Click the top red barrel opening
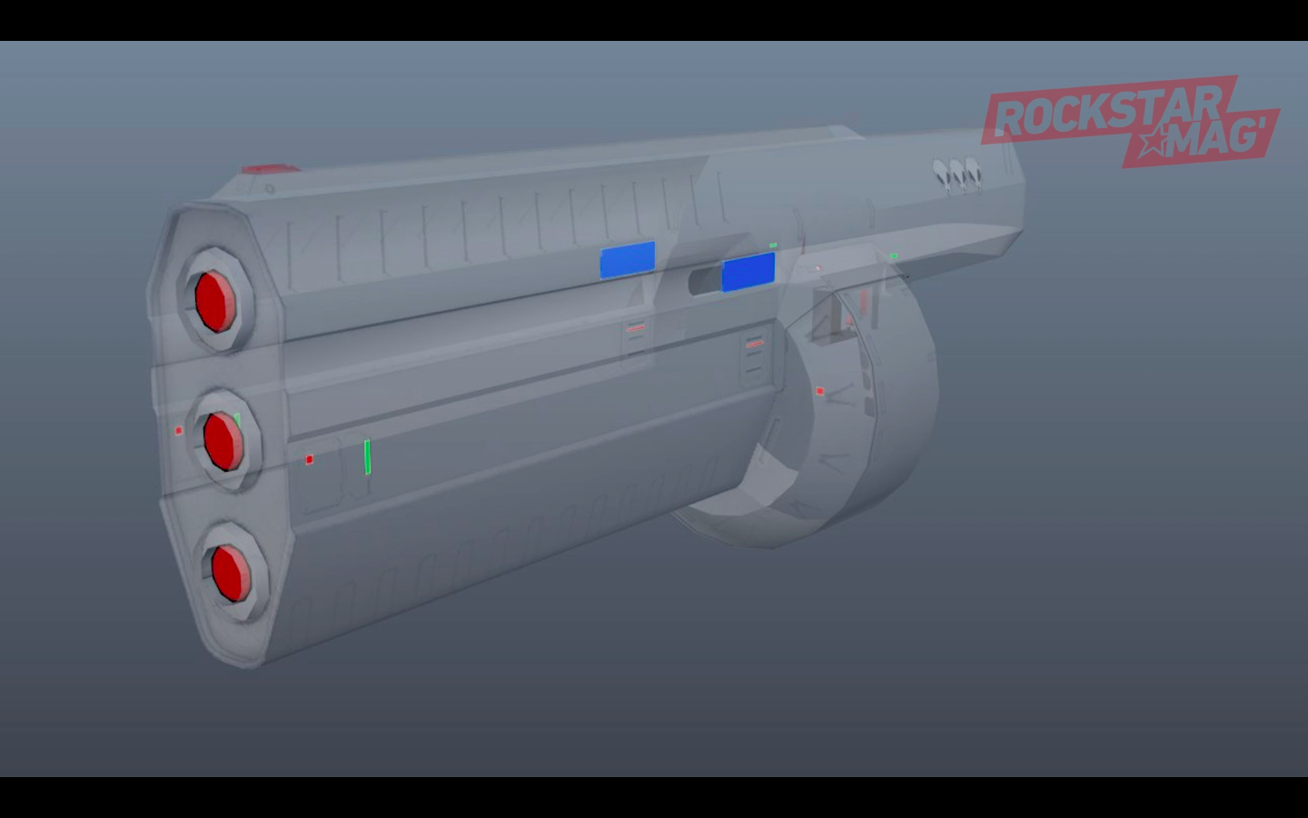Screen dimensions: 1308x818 point(215,301)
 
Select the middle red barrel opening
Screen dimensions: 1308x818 point(223,441)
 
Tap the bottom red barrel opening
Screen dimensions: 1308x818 point(232,573)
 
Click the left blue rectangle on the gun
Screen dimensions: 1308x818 point(628,260)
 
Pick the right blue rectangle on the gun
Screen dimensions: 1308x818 point(748,272)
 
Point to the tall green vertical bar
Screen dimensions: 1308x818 point(367,457)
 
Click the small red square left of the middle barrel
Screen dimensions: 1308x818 point(179,431)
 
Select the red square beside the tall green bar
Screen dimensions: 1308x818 point(310,460)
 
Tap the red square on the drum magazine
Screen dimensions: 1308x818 point(820,391)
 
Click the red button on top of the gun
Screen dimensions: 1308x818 point(272,169)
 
